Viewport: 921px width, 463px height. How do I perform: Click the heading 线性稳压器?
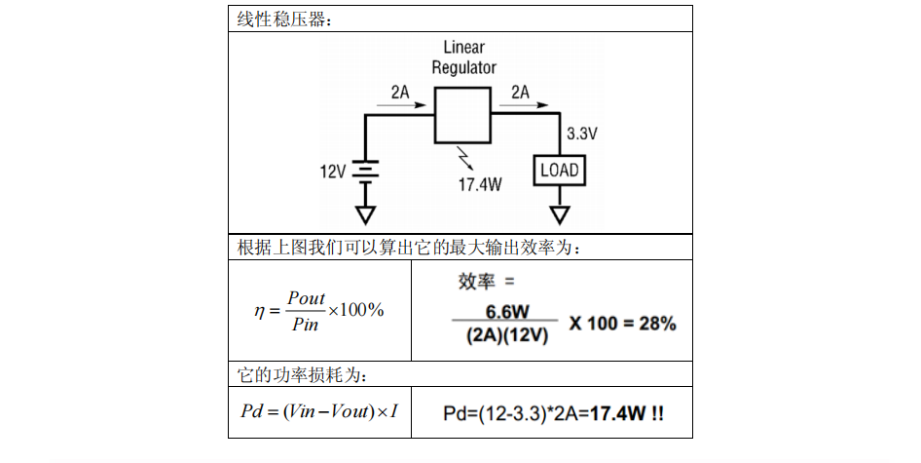pyautogui.click(x=283, y=19)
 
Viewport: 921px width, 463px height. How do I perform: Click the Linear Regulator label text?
pyautogui.click(x=463, y=58)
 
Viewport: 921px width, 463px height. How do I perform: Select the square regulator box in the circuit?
pyautogui.click(x=462, y=114)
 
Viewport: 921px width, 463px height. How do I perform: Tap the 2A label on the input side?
pyautogui.click(x=400, y=92)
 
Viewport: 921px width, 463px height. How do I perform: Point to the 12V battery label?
pyautogui.click(x=333, y=172)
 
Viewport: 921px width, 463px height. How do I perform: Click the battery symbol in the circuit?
pyautogui.click(x=366, y=172)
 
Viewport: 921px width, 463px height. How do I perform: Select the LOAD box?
pyautogui.click(x=560, y=171)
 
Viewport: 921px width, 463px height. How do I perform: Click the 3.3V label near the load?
pyautogui.click(x=581, y=133)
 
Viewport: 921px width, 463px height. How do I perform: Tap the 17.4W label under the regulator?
pyautogui.click(x=479, y=183)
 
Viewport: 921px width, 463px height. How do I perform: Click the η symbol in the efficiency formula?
pyautogui.click(x=259, y=310)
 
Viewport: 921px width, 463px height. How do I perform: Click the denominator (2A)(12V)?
pyautogui.click(x=506, y=336)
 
